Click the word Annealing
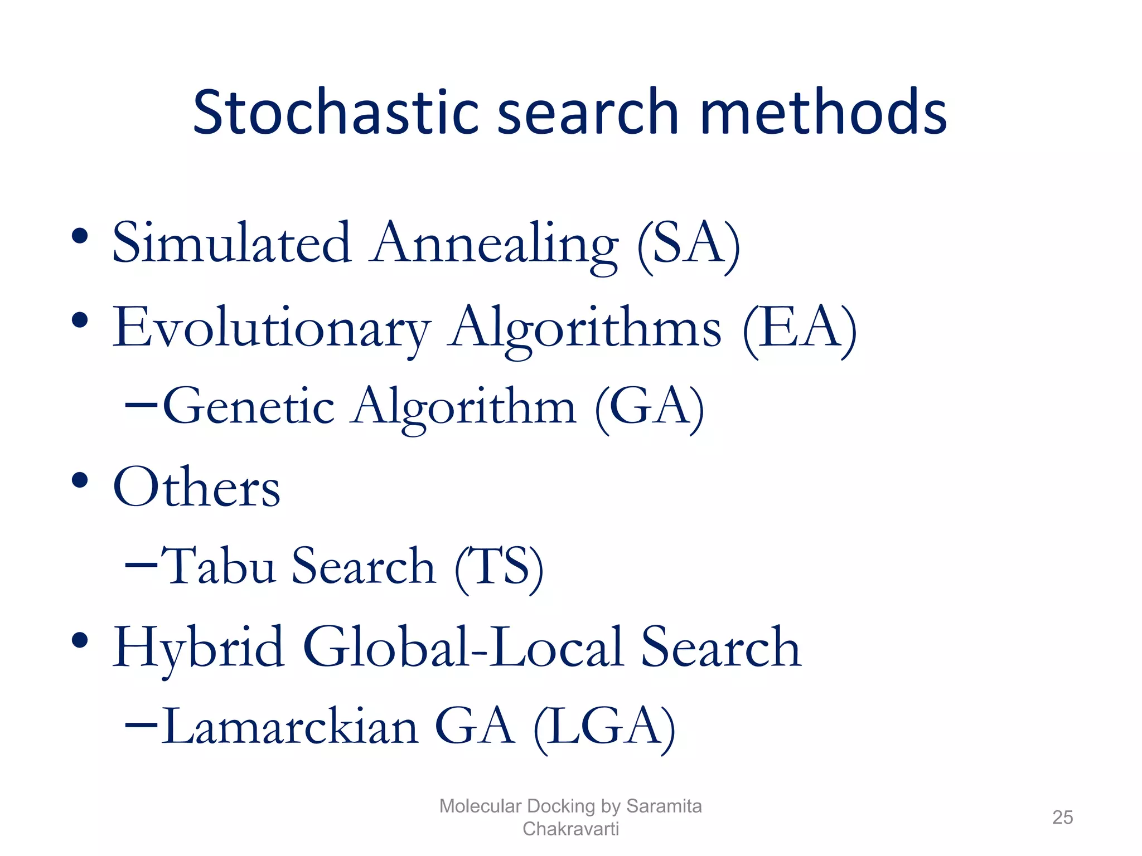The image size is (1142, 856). click(x=495, y=245)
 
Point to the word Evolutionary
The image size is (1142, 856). click(x=272, y=329)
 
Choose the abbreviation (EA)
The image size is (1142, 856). click(x=799, y=329)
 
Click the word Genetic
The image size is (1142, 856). click(x=249, y=407)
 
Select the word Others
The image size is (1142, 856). click(x=196, y=488)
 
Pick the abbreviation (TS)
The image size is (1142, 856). click(x=499, y=567)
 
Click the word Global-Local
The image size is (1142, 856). click(x=463, y=648)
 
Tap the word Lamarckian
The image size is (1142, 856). click(x=290, y=727)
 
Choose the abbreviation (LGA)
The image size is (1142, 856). click(x=604, y=727)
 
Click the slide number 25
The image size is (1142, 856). click(x=1062, y=818)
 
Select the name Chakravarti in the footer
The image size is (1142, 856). click(x=570, y=829)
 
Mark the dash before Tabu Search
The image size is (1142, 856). click(x=141, y=564)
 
